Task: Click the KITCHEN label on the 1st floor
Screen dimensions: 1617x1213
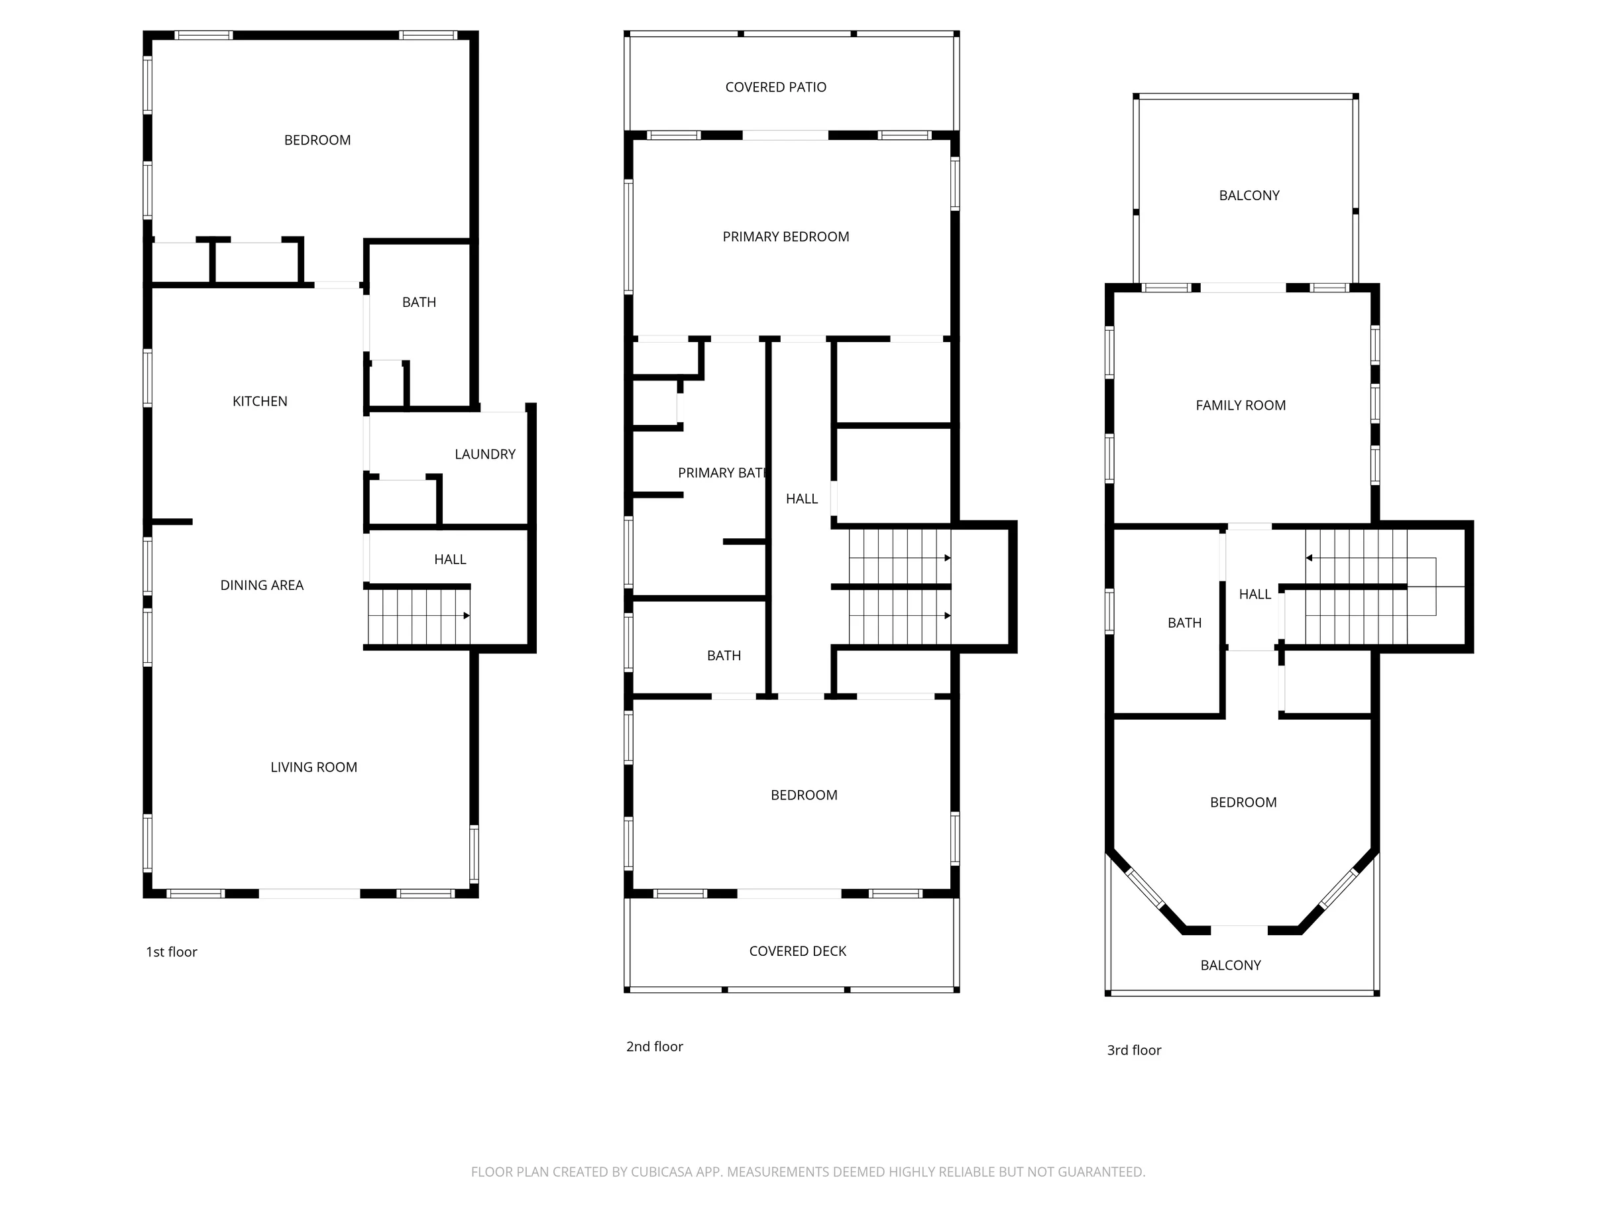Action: click(x=260, y=402)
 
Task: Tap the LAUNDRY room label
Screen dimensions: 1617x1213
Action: click(x=484, y=454)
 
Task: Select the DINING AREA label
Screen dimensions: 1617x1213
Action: click(x=262, y=585)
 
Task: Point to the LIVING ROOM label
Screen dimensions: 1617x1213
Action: click(x=313, y=767)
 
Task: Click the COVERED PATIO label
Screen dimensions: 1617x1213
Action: click(x=775, y=87)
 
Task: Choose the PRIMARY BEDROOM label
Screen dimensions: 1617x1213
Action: click(x=786, y=237)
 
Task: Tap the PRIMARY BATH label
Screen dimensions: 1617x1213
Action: click(x=722, y=473)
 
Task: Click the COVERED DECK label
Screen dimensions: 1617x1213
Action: click(x=797, y=951)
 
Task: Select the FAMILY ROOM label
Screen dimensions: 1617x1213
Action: click(x=1241, y=405)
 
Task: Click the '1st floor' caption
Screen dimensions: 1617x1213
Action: click(x=172, y=952)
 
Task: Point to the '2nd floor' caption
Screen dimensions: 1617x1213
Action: click(x=654, y=1046)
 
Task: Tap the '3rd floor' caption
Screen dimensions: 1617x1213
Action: click(x=1134, y=1050)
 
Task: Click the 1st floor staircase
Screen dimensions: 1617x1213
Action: click(x=419, y=616)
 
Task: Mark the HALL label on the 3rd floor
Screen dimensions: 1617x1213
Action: click(x=1255, y=595)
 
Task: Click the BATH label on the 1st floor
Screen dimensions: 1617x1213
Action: click(x=419, y=302)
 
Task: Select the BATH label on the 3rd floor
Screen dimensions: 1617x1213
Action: click(x=1184, y=623)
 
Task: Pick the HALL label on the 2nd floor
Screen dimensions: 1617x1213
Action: click(x=802, y=498)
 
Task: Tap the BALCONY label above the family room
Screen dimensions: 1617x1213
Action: click(x=1249, y=196)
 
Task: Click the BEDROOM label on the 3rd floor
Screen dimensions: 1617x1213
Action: click(x=1243, y=802)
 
